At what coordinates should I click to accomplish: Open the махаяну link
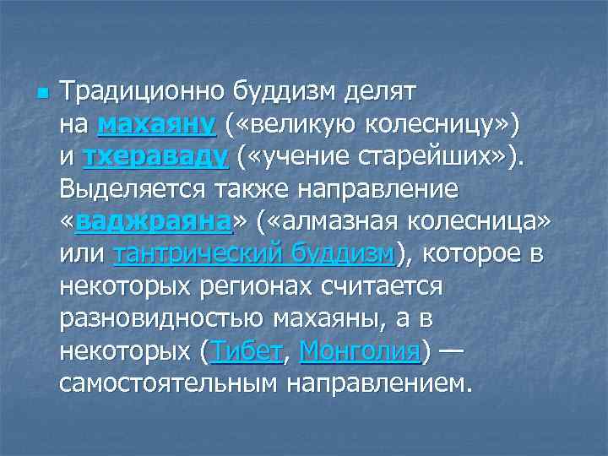157,125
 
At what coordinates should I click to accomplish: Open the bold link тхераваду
155,158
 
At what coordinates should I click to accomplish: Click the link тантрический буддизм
252,254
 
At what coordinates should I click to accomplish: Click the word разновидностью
161,319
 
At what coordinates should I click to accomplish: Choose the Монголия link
359,351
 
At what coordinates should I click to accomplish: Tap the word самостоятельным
168,383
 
